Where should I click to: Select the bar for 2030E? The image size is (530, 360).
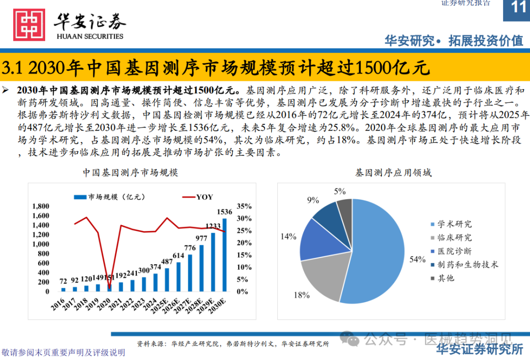click(225, 255)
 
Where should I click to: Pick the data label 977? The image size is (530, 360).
click(201, 238)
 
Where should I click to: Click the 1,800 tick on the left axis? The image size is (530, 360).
click(41, 206)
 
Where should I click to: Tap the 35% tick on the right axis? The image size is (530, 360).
click(243, 206)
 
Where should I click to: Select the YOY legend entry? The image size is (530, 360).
click(198, 197)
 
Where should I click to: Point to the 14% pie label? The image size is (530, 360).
click(289, 236)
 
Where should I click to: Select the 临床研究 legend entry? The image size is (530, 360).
click(454, 237)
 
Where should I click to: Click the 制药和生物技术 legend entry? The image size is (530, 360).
click(468, 264)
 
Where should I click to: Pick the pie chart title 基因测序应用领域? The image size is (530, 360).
click(393, 173)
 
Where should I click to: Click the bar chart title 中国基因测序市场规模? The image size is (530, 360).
click(130, 173)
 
